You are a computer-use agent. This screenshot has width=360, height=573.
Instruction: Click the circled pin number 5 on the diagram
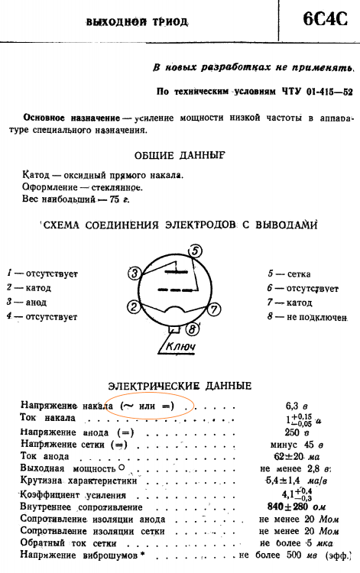(x=196, y=251)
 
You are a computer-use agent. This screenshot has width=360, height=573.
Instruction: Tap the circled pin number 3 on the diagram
(x=135, y=274)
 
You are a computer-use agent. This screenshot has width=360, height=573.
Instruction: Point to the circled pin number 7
(x=214, y=309)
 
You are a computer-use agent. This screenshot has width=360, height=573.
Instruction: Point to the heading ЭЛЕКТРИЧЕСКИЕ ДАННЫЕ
(x=180, y=386)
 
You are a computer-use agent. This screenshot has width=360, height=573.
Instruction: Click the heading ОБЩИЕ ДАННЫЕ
(x=180, y=155)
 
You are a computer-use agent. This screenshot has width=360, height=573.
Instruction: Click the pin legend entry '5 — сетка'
(x=289, y=274)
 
